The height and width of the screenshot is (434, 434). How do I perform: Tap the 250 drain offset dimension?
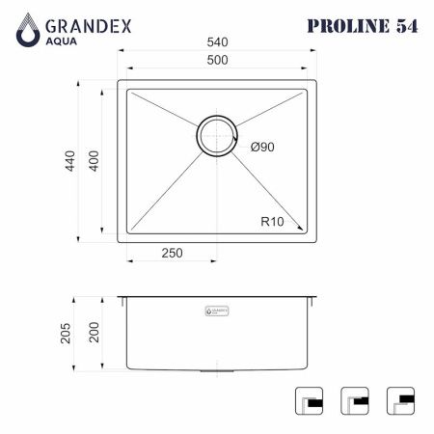pos(172,254)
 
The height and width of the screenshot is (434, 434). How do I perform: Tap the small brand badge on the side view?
pos(216,311)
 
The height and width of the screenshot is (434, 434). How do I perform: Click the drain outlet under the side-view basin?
pos(216,372)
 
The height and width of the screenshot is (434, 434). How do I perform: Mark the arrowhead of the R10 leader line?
pos(305,231)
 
